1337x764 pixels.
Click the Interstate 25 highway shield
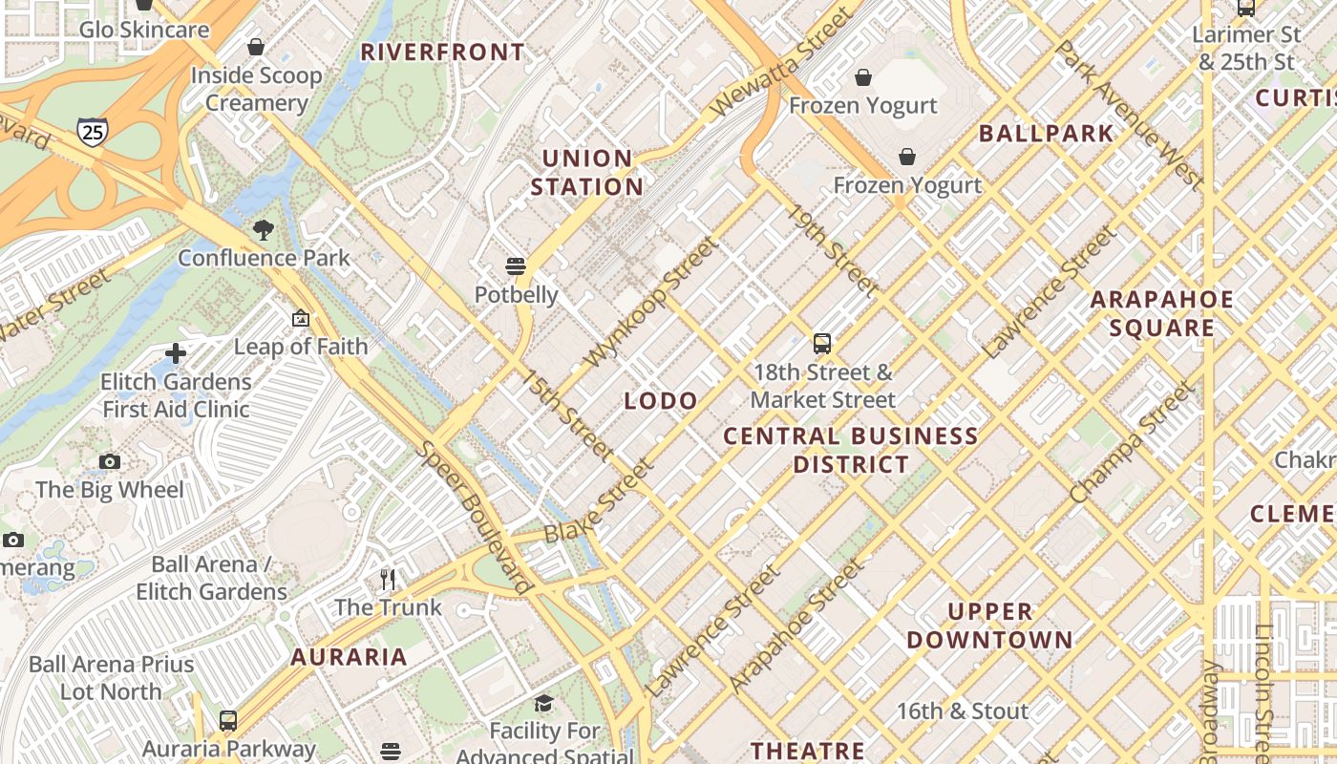coord(93,132)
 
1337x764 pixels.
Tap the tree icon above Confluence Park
coord(264,229)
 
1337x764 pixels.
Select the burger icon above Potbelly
coord(516,265)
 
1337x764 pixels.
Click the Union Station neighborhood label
coord(586,173)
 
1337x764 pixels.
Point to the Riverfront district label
coord(442,53)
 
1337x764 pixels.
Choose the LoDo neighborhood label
coord(660,401)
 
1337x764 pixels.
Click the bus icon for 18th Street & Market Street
coord(822,343)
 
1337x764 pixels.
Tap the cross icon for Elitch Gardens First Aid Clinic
coord(176,353)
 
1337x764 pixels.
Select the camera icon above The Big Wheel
coord(110,462)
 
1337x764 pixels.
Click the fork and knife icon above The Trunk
coord(388,580)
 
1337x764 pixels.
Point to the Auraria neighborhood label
coord(349,657)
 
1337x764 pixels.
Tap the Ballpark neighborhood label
coord(1046,134)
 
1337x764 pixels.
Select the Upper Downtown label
coord(989,626)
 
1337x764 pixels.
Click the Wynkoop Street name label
coord(648,302)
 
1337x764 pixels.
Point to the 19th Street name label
coord(833,249)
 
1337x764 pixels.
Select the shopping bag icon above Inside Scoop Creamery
coord(256,46)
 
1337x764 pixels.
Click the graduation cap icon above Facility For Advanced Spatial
coord(543,704)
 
